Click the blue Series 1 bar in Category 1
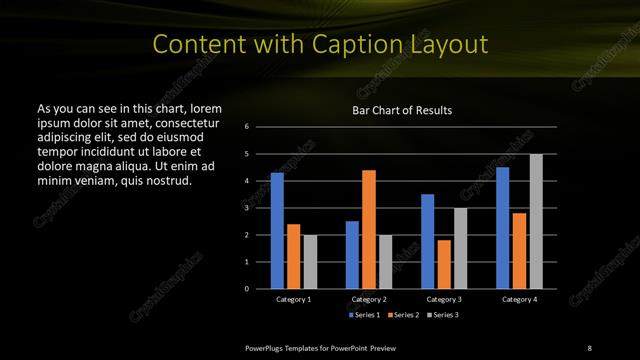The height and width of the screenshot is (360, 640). (x=277, y=231)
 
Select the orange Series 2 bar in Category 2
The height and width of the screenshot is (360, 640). (x=369, y=229)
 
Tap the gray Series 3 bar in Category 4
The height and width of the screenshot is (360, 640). (x=536, y=221)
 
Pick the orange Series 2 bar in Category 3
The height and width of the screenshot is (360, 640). (x=444, y=264)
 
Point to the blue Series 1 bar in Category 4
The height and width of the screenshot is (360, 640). (x=502, y=228)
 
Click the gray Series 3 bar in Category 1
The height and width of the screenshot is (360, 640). (x=310, y=261)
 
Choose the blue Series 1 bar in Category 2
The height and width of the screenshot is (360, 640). (x=352, y=255)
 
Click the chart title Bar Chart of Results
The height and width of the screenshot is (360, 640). (x=401, y=110)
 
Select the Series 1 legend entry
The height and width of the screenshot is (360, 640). (x=364, y=315)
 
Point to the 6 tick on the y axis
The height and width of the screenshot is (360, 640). (x=247, y=127)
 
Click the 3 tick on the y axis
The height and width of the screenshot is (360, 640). (x=247, y=208)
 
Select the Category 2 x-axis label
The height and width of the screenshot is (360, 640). (x=368, y=299)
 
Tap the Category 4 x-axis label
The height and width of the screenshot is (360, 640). (x=518, y=299)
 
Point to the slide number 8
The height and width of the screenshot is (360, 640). (x=589, y=347)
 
